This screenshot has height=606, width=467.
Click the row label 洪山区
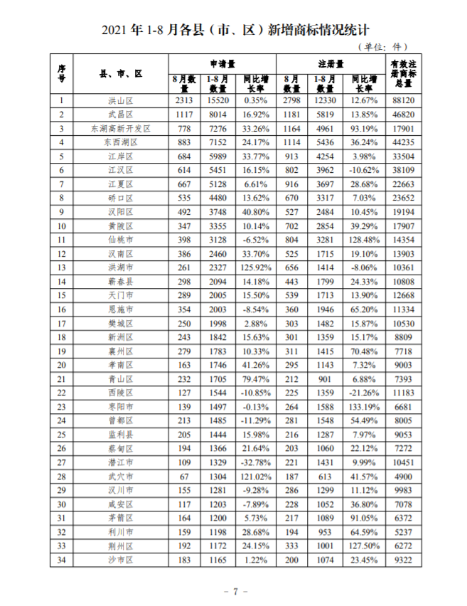pos(121,101)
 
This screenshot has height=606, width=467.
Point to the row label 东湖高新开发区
pos(121,129)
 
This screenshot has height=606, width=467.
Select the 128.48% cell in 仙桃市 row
pos(364,240)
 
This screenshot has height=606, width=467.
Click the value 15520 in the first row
pos(218,101)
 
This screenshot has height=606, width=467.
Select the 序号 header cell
pos(62,73)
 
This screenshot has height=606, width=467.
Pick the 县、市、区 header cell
pos(121,73)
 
